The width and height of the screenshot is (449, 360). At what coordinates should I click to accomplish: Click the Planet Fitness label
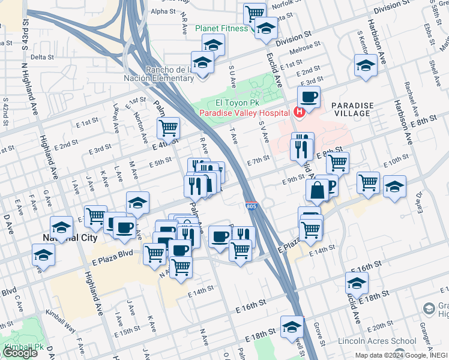(x=221, y=28)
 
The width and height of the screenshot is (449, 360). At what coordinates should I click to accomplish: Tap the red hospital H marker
(x=298, y=112)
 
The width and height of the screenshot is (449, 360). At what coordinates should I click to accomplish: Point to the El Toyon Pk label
(x=225, y=102)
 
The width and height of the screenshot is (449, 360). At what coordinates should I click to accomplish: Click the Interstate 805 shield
(x=252, y=206)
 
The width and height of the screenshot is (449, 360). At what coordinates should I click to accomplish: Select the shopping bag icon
(x=316, y=191)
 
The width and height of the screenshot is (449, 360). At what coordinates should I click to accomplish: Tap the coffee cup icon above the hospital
(x=309, y=97)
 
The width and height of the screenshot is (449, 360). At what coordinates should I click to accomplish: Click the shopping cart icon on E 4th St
(x=169, y=127)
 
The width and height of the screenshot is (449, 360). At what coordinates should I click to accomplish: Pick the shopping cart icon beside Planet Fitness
(x=255, y=13)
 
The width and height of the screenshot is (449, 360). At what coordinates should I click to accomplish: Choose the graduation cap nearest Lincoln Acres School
(x=357, y=283)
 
